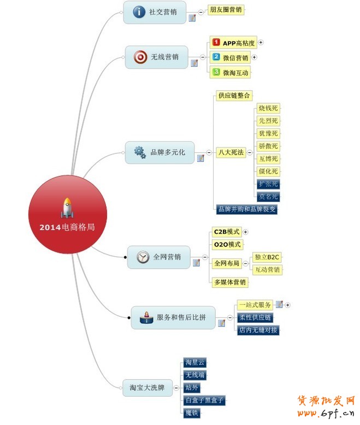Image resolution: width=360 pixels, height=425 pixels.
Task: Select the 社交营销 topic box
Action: [155, 12]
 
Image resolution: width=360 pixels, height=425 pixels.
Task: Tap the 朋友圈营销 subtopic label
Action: [226, 9]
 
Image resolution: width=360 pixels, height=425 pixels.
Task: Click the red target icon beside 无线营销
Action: [140, 56]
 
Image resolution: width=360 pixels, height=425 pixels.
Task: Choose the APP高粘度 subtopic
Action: [233, 43]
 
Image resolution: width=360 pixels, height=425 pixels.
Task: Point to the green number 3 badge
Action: [216, 72]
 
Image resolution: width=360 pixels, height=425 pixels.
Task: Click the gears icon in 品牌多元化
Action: [140, 152]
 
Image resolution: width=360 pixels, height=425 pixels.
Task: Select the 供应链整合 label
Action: [234, 96]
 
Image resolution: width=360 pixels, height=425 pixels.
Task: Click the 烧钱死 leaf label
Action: [268, 108]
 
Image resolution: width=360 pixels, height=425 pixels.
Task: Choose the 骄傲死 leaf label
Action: [268, 146]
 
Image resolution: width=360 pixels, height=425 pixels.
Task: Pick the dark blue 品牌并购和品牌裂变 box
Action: [247, 209]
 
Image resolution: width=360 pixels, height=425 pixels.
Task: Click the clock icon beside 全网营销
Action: [143, 257]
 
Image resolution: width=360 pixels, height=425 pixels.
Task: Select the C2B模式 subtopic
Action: [227, 232]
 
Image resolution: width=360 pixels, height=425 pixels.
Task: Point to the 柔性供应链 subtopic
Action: [255, 317]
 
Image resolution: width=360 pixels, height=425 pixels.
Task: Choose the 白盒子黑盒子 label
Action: [204, 400]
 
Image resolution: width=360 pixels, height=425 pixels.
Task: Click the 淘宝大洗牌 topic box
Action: [147, 388]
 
